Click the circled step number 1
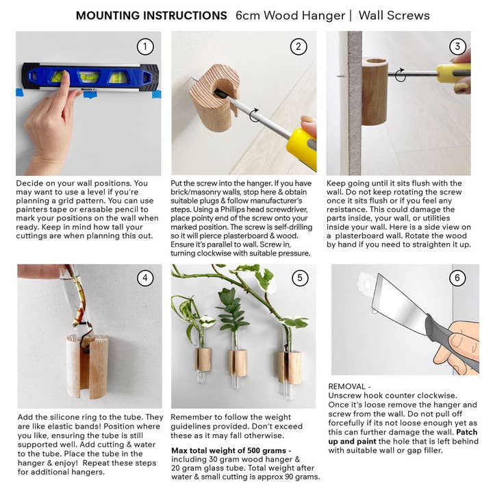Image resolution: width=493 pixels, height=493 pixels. pyautogui.click(x=144, y=47)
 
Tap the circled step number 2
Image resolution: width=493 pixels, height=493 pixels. pyautogui.click(x=298, y=47)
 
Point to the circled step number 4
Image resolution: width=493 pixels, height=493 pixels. pyautogui.click(x=144, y=278)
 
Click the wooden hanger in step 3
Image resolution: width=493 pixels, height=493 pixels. pyautogui.click(x=375, y=91)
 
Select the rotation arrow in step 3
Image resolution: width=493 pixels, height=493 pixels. pyautogui.click(x=401, y=75)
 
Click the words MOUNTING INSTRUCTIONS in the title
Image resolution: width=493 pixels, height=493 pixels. pyautogui.click(x=151, y=15)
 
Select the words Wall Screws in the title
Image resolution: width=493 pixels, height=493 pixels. pyautogui.click(x=394, y=15)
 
